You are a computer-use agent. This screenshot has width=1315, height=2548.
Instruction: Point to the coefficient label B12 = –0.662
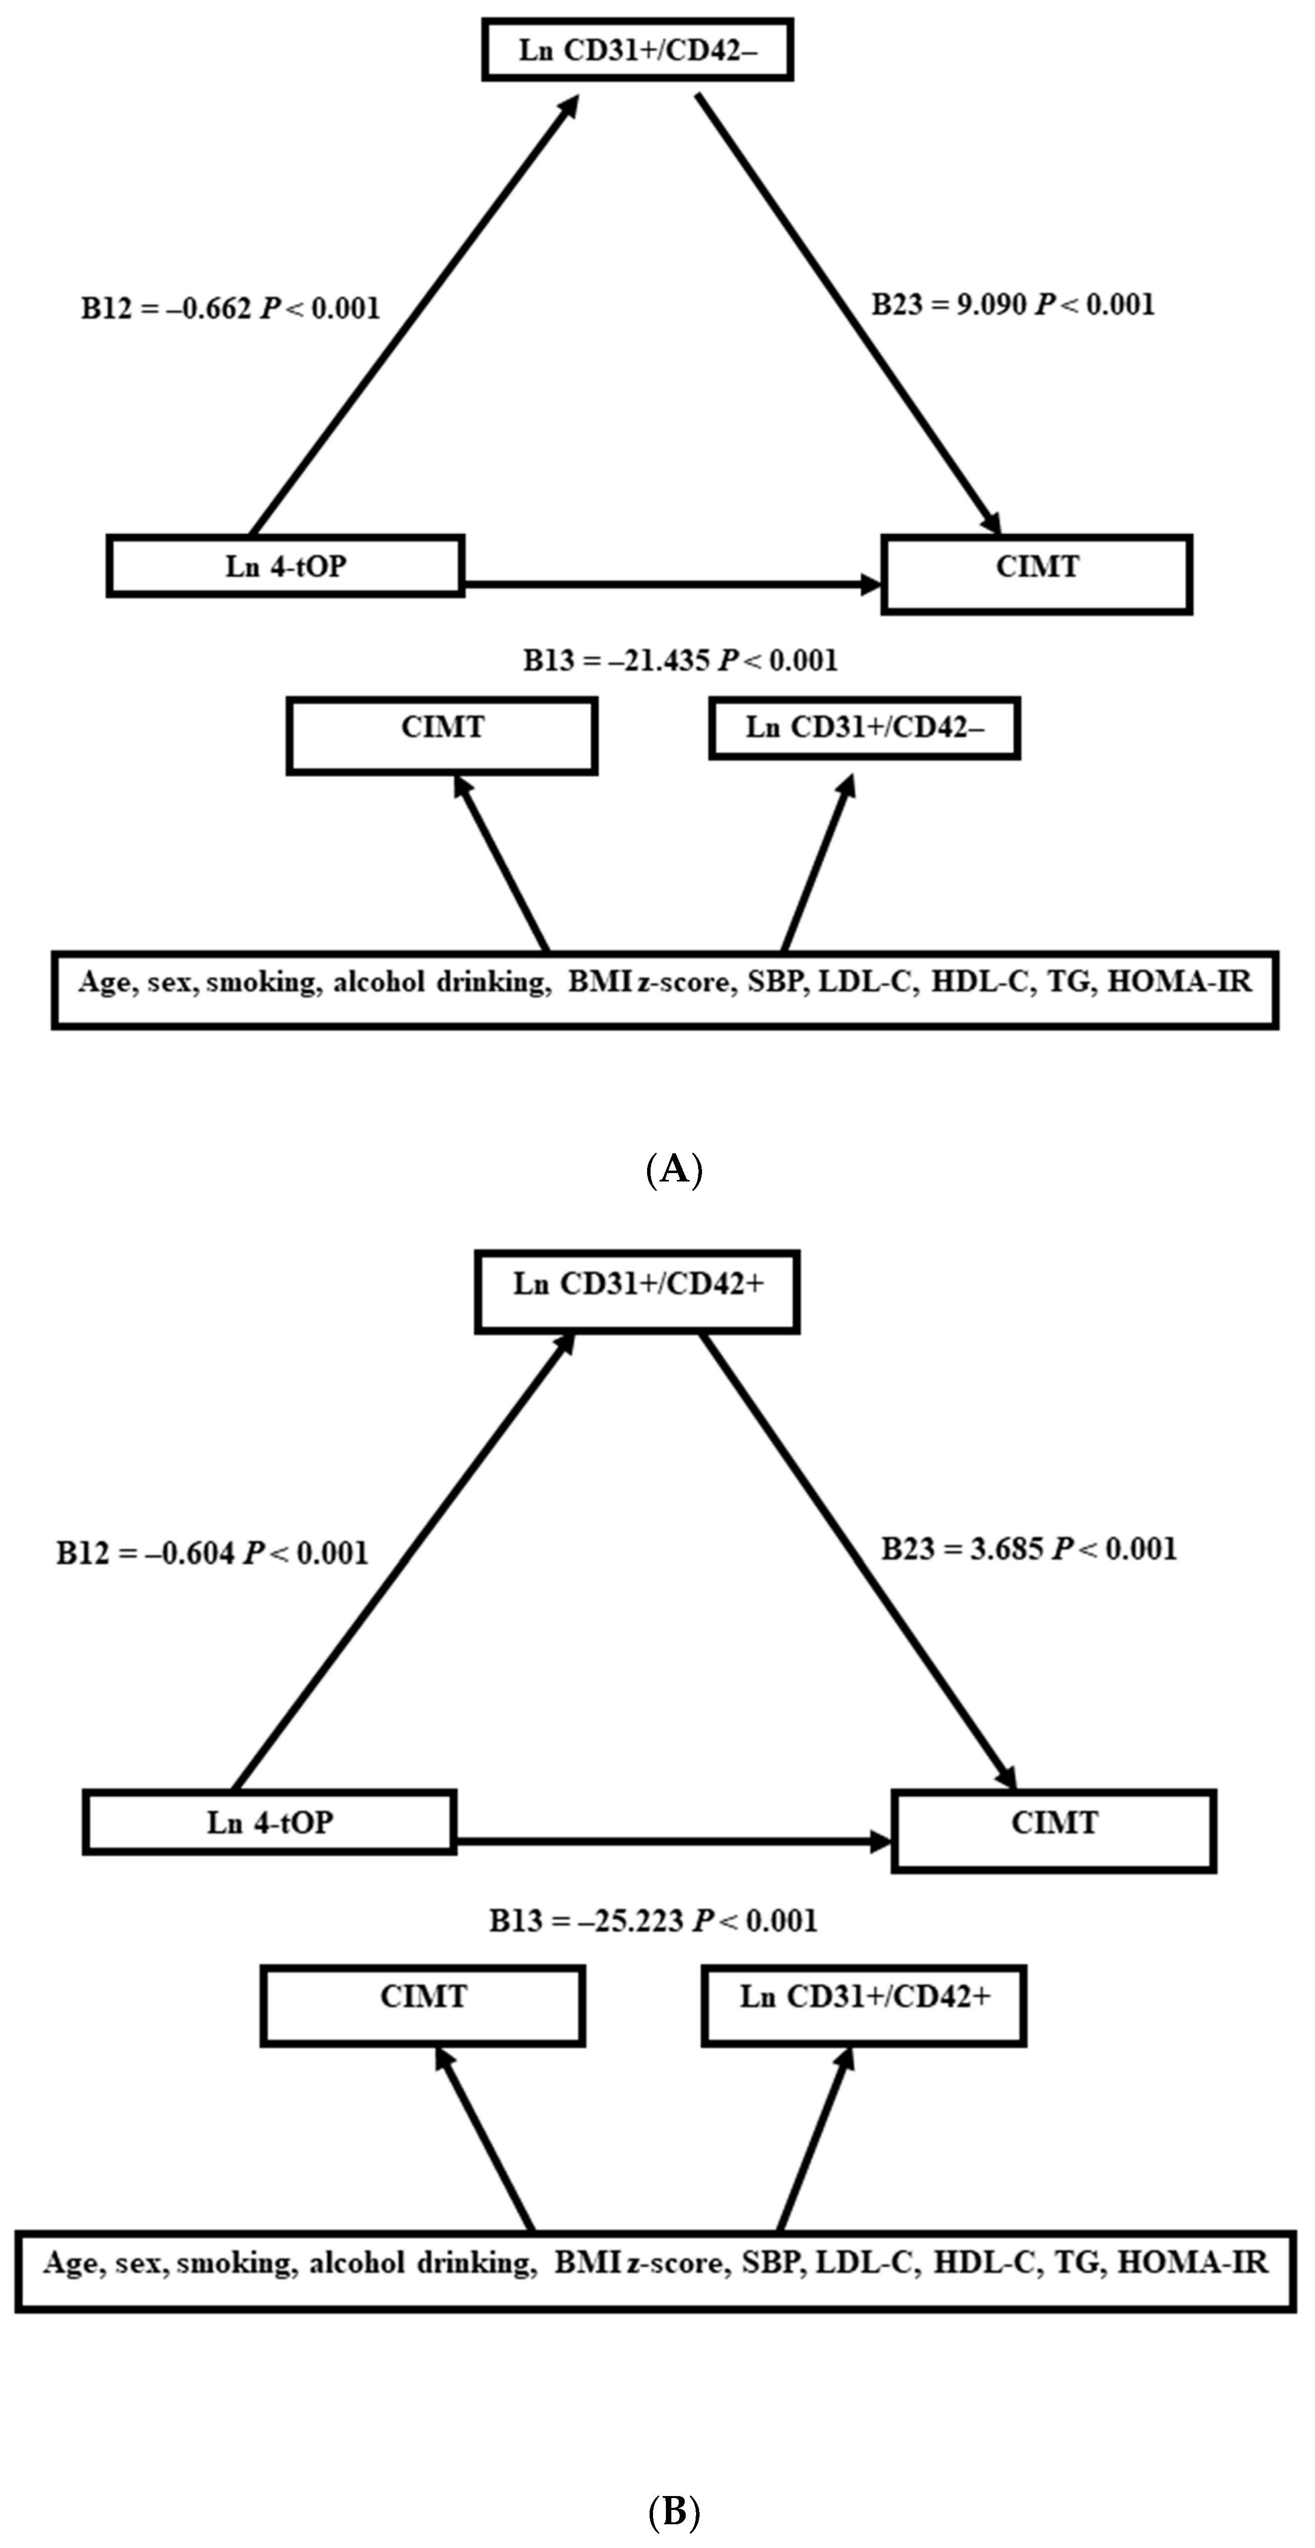tap(230, 309)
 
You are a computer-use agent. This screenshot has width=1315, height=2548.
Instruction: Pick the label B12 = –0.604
tap(212, 1553)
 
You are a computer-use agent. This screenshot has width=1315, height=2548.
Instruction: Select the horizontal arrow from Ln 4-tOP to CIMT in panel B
tap(672, 1842)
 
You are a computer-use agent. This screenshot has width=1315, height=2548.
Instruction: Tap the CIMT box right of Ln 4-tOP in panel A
tap(1036, 574)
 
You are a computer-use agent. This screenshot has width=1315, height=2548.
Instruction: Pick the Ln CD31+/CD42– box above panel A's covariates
tap(864, 728)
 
